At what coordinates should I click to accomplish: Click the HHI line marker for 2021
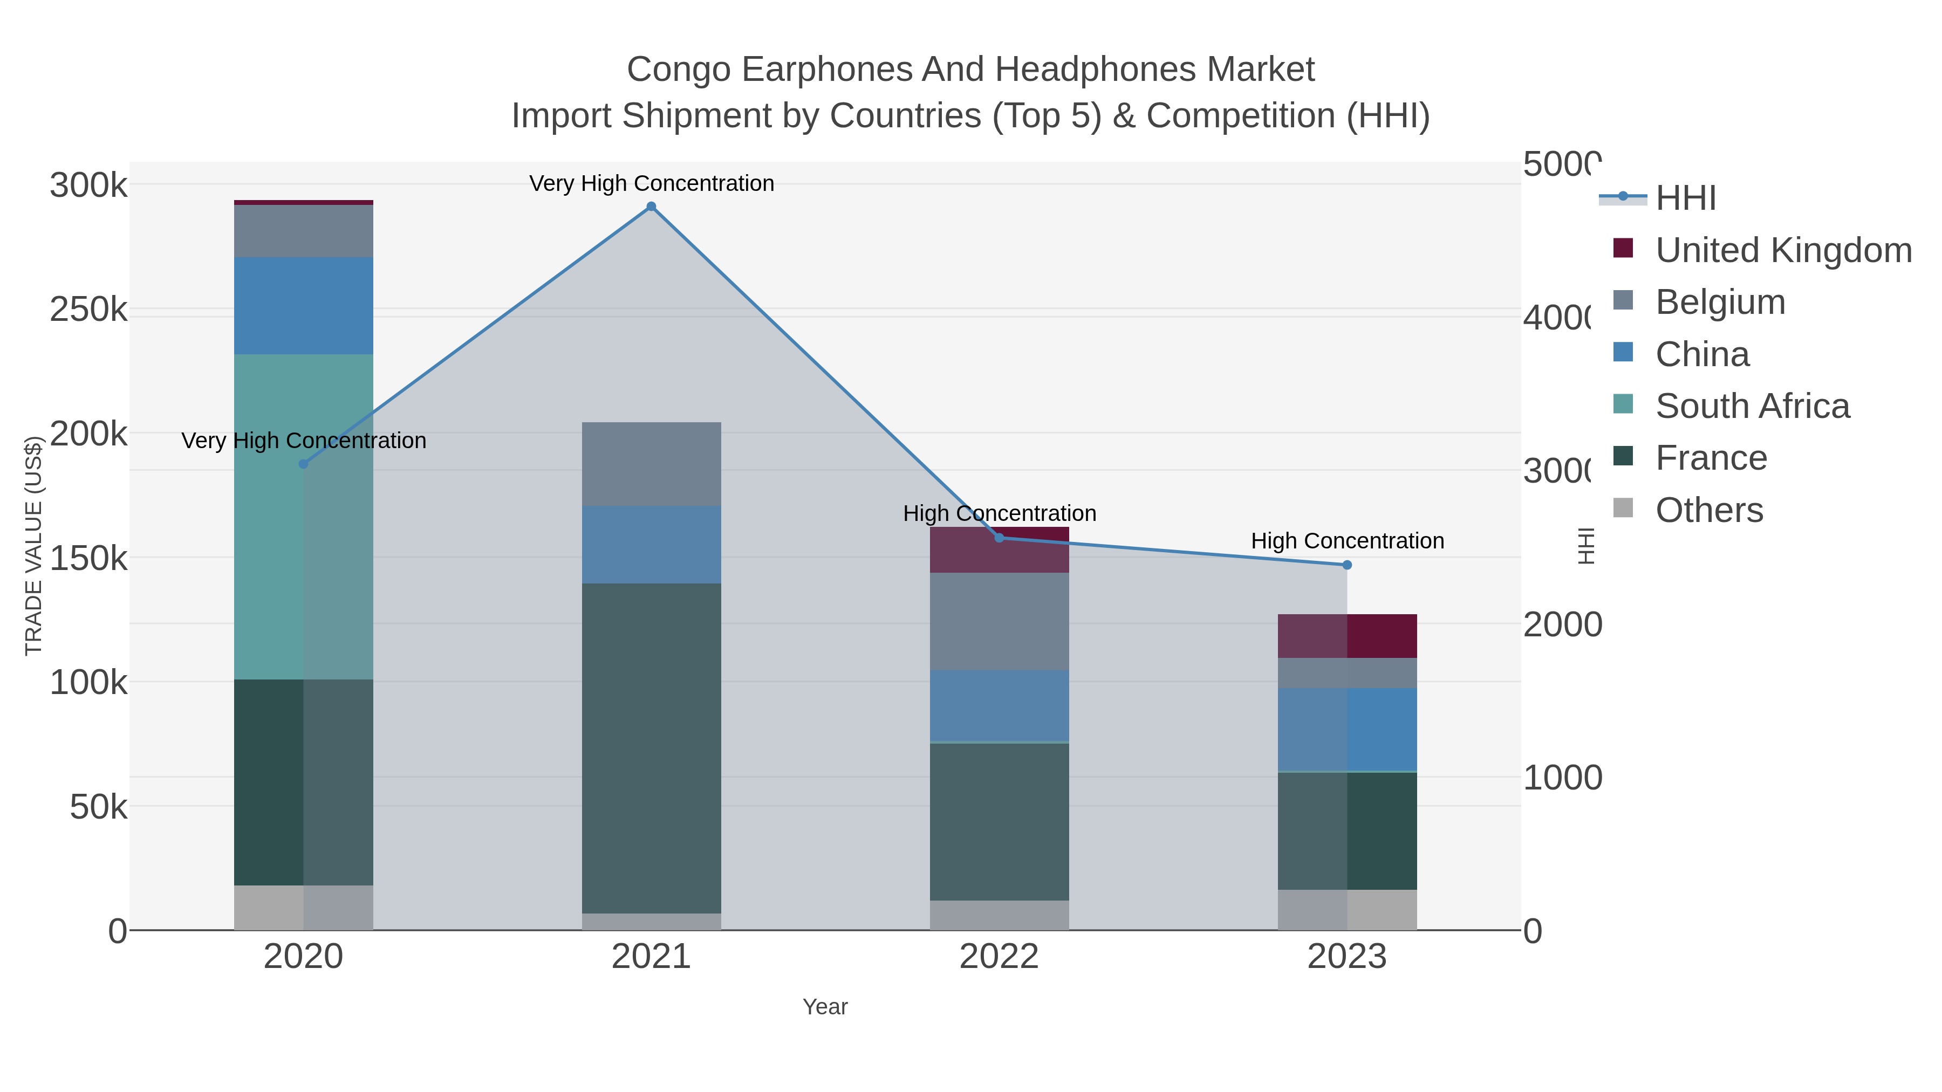point(651,207)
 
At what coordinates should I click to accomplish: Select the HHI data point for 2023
point(1347,565)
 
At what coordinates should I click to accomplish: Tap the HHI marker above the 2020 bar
point(304,463)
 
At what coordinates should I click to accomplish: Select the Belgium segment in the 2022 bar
point(999,621)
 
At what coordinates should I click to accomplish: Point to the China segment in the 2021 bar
point(651,544)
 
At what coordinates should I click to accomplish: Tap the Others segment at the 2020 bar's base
point(304,908)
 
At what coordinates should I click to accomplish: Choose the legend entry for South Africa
point(1752,406)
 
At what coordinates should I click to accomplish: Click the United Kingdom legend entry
point(1783,250)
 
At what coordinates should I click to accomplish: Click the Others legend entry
point(1709,510)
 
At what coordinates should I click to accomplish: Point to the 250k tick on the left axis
point(88,309)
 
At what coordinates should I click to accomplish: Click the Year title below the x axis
point(825,1007)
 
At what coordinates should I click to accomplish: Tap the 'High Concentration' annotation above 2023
point(1347,540)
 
